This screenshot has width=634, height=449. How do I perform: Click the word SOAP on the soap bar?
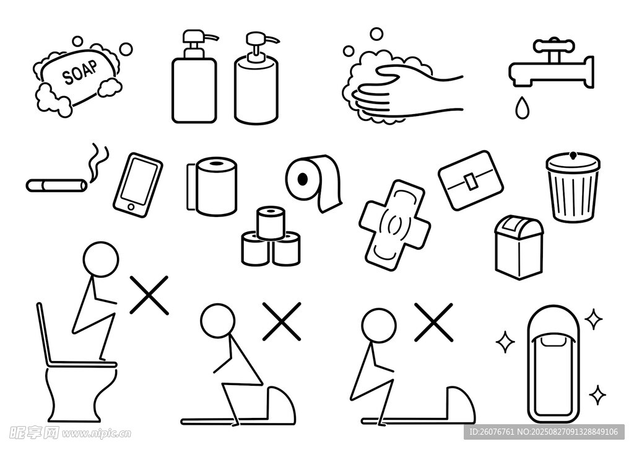(x=80, y=72)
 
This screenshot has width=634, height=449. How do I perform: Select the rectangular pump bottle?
(x=194, y=76)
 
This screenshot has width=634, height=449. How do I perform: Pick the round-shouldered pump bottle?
(x=256, y=78)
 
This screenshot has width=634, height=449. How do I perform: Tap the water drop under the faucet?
(x=521, y=107)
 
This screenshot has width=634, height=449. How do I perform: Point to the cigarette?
(x=56, y=185)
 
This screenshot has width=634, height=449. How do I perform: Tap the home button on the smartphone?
(x=131, y=207)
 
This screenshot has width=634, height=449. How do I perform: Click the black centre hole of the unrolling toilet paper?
(x=302, y=179)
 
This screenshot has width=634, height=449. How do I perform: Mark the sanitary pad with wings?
(x=395, y=225)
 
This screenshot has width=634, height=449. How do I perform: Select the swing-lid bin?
(x=519, y=247)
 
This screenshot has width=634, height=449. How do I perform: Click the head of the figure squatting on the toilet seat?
(x=101, y=259)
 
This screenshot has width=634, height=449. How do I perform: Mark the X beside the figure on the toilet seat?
(x=149, y=295)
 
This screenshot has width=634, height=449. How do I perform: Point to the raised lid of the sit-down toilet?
(x=44, y=334)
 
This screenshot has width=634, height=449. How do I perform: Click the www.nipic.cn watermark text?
(x=97, y=433)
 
